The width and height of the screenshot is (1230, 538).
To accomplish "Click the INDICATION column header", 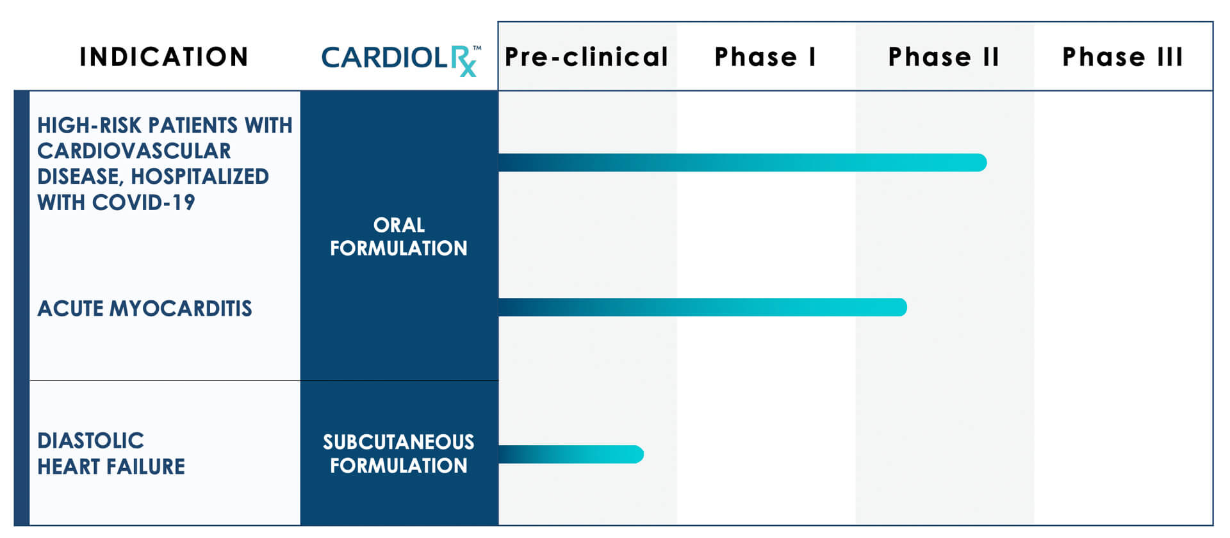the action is point(164,57).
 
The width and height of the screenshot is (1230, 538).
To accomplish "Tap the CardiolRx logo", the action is point(401,60).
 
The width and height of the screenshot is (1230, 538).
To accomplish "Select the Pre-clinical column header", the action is point(586,57).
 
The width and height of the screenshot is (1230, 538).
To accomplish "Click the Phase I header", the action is point(766,57).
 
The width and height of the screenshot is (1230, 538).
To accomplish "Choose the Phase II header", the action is point(944,57).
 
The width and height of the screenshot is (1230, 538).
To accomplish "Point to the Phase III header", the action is point(1122,57).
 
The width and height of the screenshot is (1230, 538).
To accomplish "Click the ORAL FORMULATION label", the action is point(398,236).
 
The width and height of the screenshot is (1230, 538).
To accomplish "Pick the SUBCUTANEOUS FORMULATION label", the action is point(398,453).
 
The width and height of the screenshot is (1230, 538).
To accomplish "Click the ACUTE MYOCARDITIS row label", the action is point(145,309).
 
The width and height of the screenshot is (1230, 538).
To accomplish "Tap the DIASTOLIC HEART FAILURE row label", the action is point(111,453).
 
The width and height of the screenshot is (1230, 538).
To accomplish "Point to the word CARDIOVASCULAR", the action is point(134,151).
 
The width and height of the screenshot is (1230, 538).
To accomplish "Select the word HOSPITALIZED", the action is point(200,177).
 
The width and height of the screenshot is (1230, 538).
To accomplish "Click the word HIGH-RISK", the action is point(90,125).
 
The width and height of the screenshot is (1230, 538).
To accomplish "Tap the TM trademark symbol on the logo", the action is point(477,47).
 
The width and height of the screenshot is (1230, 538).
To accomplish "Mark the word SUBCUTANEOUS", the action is point(398,442).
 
